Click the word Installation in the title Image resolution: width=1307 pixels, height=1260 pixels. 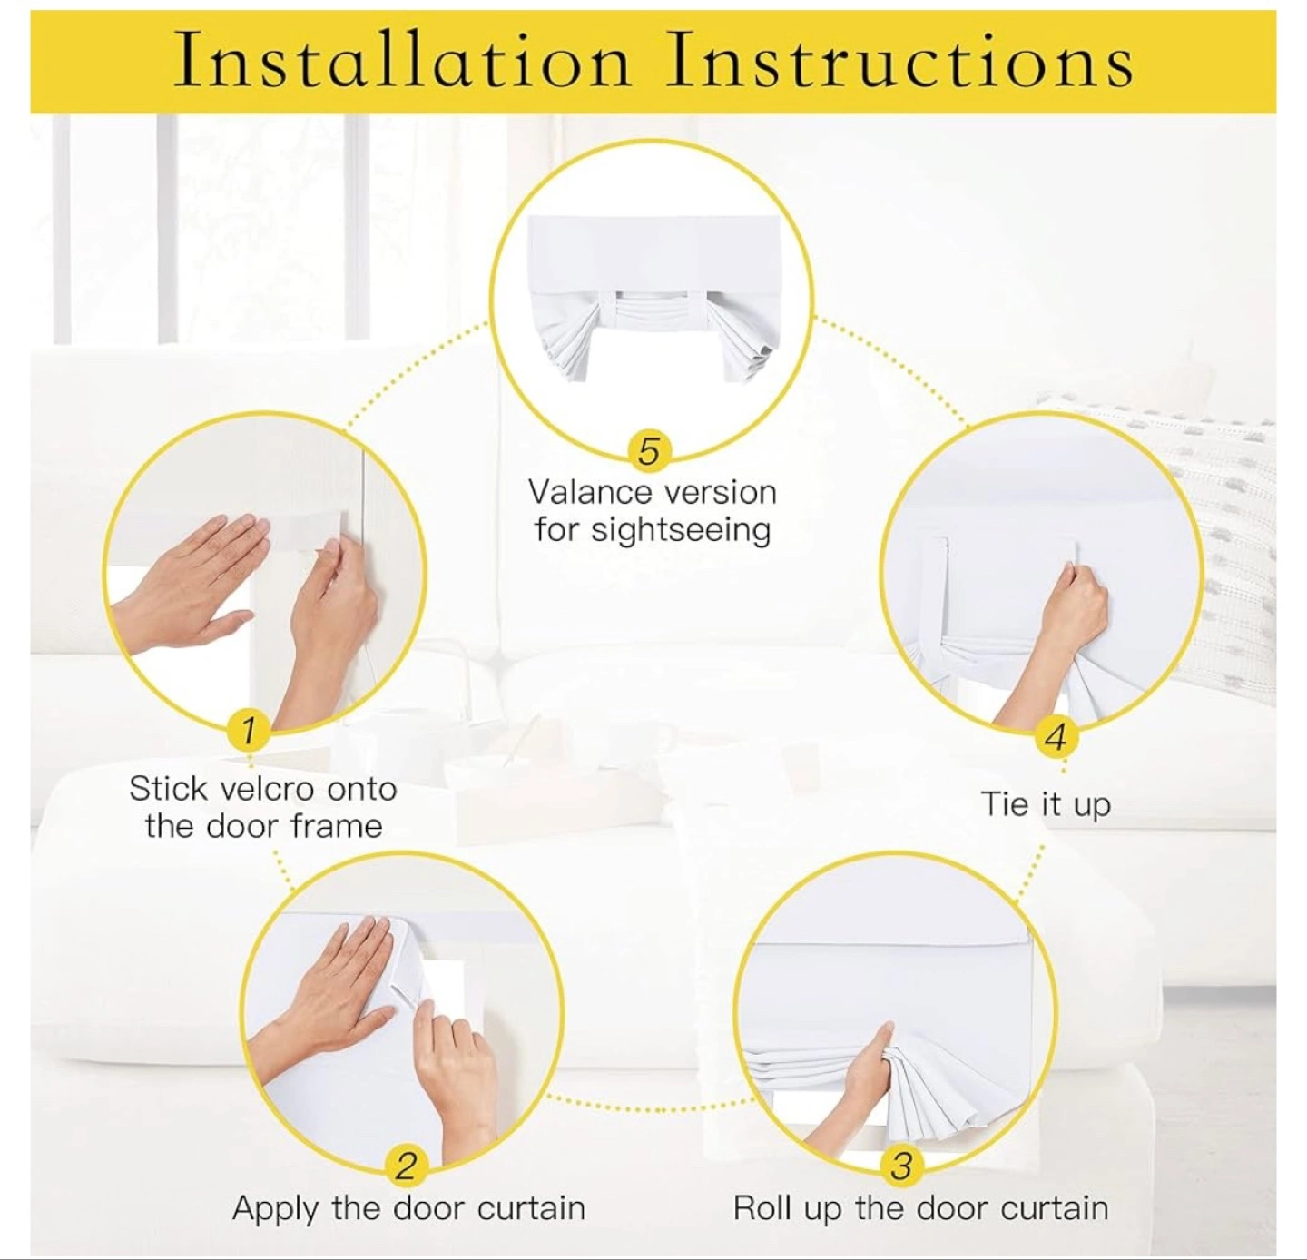pos(402,63)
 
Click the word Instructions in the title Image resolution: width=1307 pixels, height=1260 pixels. pos(899,63)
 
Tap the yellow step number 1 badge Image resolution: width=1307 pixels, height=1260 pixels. pos(248,729)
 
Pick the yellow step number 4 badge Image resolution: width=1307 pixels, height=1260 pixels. pos(1056,738)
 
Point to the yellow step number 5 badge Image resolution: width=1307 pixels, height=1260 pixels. pos(648,450)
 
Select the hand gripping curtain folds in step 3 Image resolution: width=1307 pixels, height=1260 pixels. pos(853,1075)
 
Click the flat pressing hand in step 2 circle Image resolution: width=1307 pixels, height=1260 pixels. pos(322,988)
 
